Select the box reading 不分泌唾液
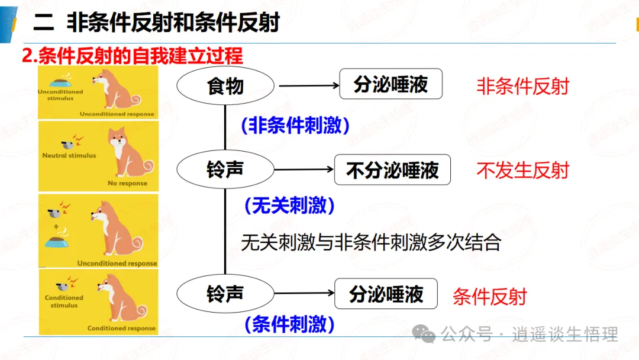coord(392,169)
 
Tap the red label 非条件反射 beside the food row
coord(523,86)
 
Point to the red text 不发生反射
coord(523,171)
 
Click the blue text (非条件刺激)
coord(295,125)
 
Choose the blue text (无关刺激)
coord(289,205)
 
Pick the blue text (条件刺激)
coord(289,324)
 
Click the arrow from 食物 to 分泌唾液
coord(309,86)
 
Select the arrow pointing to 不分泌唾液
coord(304,169)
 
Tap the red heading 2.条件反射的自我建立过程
coord(133,56)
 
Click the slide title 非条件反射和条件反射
coord(173,22)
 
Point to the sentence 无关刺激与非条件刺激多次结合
coord(371,243)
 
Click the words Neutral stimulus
coord(69,155)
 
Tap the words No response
coord(128,183)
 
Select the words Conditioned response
coord(121,328)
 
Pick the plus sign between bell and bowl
coord(56,226)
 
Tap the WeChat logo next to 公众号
coord(424,334)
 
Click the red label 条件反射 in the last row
coord(490,297)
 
